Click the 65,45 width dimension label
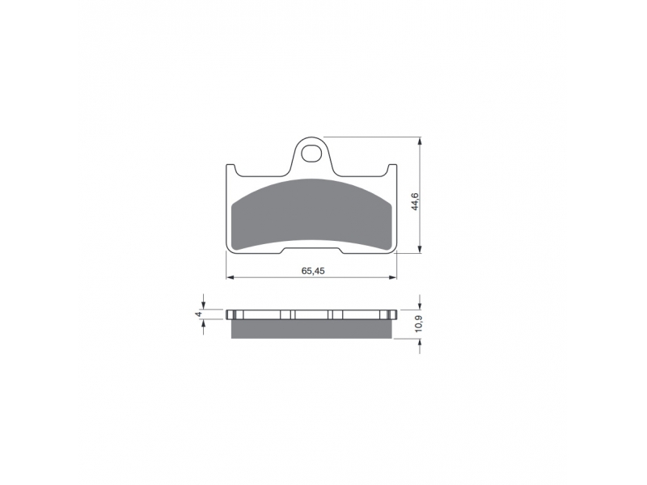point(313,271)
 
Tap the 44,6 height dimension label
point(415,201)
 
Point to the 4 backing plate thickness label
point(198,314)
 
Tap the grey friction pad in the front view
point(311,214)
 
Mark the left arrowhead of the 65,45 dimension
point(230,277)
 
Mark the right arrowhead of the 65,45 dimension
point(392,277)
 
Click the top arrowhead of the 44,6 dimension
point(420,141)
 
